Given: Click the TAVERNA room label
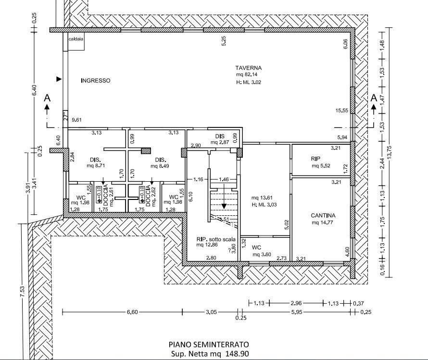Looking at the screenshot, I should tap(248, 67).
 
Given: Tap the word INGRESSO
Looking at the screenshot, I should tap(95, 81).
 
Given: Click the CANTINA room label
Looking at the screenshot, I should tap(323, 216).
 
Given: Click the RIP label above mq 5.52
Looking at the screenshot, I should tap(315, 158).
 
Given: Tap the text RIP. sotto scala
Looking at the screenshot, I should tap(214, 239).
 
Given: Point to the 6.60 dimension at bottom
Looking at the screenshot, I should tap(132, 312).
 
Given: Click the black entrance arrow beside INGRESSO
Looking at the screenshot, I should tap(59, 79).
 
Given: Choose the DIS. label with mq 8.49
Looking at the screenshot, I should tap(160, 160).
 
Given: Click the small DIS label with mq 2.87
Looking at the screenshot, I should tap(220, 136).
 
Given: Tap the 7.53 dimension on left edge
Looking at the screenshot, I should tap(23, 294).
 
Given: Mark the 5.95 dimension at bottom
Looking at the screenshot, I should tap(296, 312).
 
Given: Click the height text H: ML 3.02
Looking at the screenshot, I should tap(248, 83).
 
